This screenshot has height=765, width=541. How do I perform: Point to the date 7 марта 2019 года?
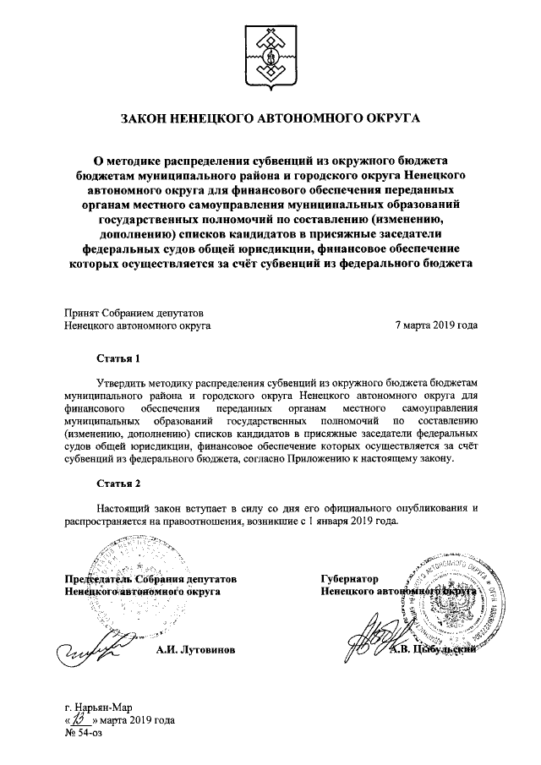(x=436, y=325)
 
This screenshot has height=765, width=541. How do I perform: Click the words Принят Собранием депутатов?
(x=134, y=310)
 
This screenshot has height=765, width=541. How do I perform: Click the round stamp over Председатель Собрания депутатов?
(x=118, y=592)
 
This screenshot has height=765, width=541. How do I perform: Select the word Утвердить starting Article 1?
(x=125, y=383)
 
